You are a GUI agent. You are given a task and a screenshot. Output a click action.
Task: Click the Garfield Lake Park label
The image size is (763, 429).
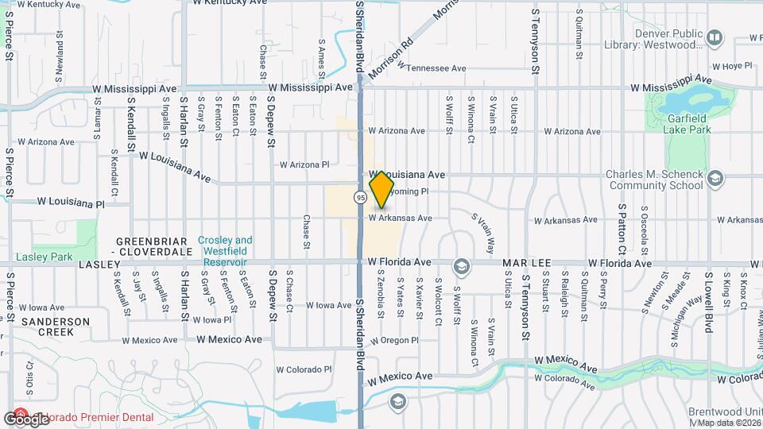click(688, 124)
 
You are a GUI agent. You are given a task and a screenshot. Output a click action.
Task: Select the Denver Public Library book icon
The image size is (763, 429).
click(715, 37)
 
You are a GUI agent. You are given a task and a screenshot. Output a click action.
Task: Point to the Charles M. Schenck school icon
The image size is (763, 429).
click(715, 178)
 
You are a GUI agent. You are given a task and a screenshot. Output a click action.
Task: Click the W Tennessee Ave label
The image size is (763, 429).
click(428, 68)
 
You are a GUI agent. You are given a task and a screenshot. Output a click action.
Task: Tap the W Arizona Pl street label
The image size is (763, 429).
click(304, 164)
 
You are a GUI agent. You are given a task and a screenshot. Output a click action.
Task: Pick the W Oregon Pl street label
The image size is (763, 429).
click(393, 340)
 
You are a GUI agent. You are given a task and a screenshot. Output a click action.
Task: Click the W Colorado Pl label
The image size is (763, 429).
click(304, 369)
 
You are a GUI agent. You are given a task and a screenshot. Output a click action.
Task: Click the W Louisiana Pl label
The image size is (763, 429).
click(71, 204)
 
